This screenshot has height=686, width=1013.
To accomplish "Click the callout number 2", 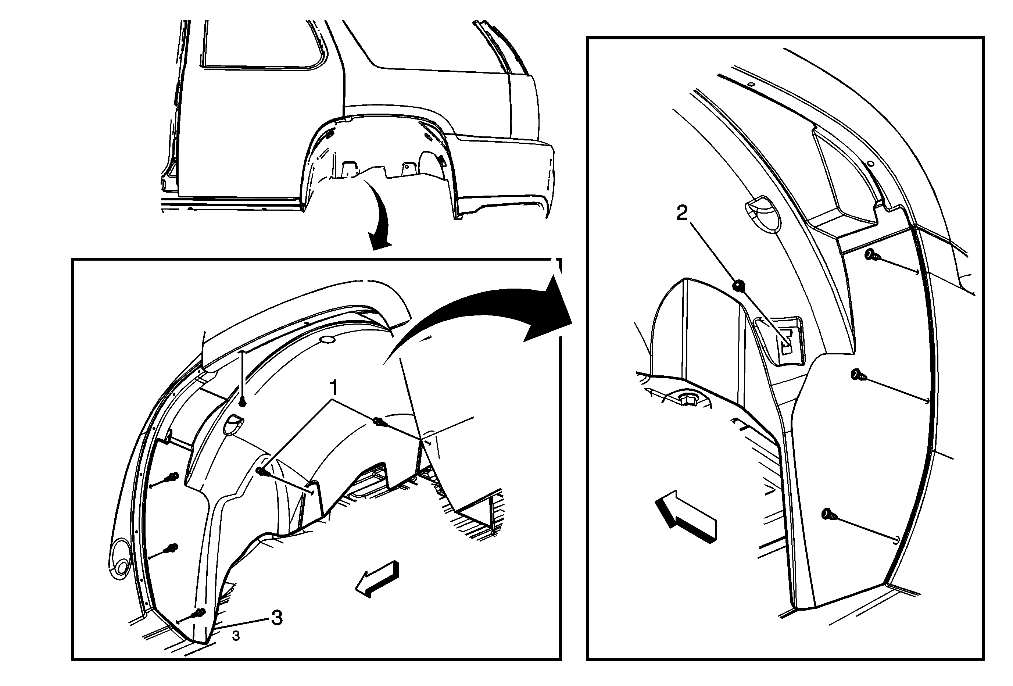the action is pyautogui.click(x=682, y=213).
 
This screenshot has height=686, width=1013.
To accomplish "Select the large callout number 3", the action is pyautogui.click(x=277, y=618).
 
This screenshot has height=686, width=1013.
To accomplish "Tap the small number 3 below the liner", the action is pyautogui.click(x=236, y=636).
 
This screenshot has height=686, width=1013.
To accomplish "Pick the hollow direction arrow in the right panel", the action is pyautogui.click(x=686, y=516).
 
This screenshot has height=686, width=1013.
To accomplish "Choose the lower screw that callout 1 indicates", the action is pyautogui.click(x=262, y=471).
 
